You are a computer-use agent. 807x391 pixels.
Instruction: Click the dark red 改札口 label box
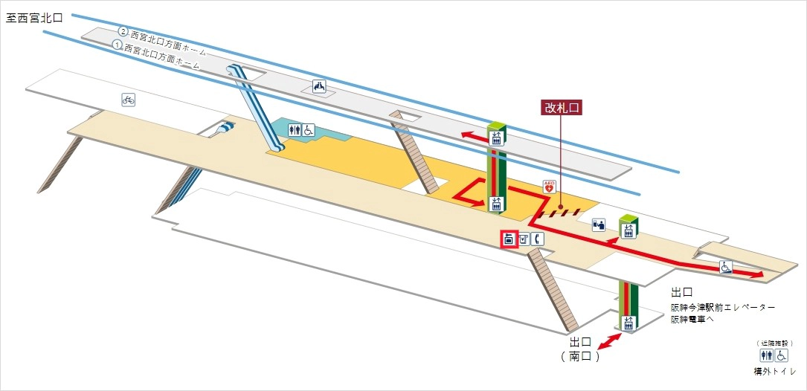[x=561, y=107]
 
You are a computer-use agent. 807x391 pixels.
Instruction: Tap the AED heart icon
[x=550, y=187]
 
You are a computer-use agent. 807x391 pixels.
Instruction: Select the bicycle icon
[x=128, y=99]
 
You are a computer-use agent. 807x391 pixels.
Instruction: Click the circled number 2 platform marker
[x=123, y=32]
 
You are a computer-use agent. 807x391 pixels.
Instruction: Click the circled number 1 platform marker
[x=117, y=45]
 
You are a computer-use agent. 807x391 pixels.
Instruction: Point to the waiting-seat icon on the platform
[x=319, y=86]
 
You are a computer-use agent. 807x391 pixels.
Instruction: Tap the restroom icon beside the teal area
[x=295, y=130]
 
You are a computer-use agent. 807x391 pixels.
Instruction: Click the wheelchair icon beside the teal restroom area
[x=308, y=130]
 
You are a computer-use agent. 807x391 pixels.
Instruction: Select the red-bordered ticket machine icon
[x=509, y=239]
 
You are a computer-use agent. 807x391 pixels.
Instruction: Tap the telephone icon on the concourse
[x=538, y=239]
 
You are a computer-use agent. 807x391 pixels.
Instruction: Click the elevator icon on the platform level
[x=496, y=137]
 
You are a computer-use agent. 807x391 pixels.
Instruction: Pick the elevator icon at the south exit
[x=628, y=323]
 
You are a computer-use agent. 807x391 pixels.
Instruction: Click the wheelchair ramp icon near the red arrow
[x=725, y=267]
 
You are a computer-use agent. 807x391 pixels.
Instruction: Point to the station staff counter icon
[x=599, y=224]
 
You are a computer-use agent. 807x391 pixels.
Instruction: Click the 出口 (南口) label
[x=581, y=349]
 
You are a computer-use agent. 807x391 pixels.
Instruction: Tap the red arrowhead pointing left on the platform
[x=466, y=135]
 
